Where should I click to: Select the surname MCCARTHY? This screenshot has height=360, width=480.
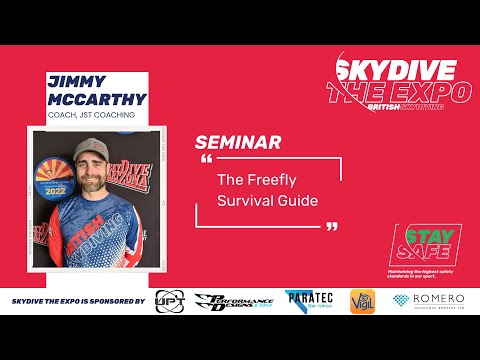tap(97, 100)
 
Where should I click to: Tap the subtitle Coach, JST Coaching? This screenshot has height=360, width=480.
tap(93, 116)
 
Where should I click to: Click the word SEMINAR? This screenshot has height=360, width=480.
tap(238, 142)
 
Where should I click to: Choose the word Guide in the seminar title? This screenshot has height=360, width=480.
tap(302, 200)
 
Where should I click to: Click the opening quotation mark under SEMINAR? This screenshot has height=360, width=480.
tap(207, 160)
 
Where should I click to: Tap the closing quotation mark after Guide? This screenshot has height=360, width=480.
tap(332, 226)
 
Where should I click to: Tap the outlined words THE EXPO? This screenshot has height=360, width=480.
tap(396, 92)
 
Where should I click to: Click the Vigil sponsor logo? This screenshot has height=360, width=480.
tap(362, 302)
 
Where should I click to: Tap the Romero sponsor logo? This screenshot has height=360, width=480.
tap(430, 301)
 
